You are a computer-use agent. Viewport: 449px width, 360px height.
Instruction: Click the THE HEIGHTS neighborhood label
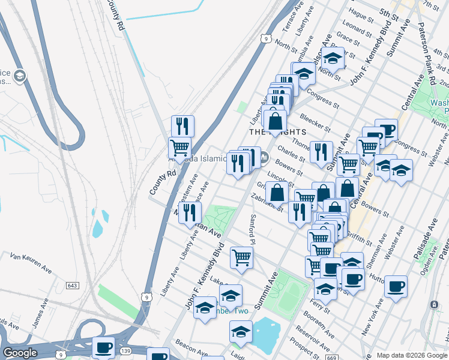click(x=278, y=131)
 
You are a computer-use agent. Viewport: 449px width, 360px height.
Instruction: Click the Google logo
click(x=20, y=353)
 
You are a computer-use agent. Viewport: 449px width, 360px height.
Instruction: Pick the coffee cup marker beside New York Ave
click(x=396, y=286)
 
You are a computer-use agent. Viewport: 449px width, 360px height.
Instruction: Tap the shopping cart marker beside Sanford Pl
click(x=241, y=257)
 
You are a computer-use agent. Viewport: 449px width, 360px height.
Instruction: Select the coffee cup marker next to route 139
click(x=103, y=347)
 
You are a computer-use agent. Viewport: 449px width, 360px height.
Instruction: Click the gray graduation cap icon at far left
click(x=19, y=76)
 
